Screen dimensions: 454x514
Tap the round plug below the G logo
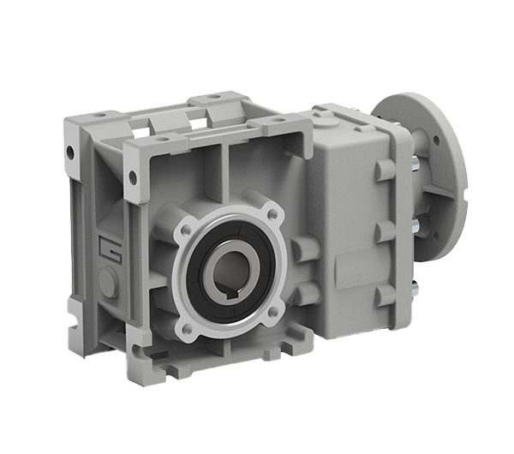pyautogui.click(x=109, y=282)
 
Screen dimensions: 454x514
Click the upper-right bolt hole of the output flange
pyautogui.click(x=272, y=214)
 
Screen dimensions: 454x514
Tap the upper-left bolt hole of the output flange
pyautogui.click(x=187, y=230)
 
